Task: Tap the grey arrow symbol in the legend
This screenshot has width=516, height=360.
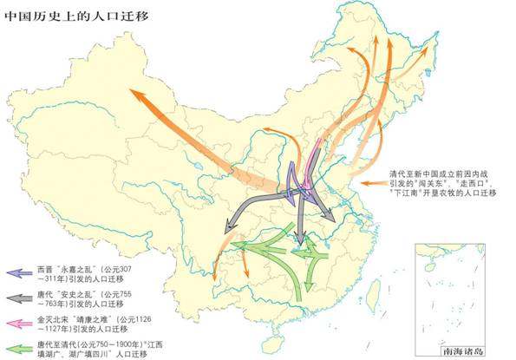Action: (19, 298)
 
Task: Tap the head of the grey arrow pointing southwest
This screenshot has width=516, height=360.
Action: (227, 229)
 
